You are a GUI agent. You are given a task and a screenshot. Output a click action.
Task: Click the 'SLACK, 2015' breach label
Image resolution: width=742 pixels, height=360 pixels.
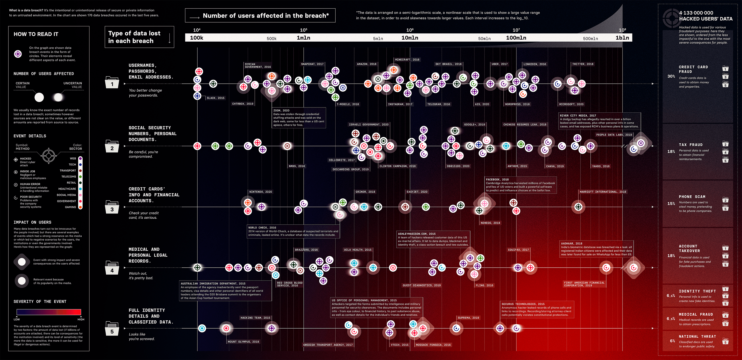click(215, 98)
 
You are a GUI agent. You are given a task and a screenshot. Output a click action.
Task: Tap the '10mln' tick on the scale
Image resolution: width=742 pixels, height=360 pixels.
click(410, 38)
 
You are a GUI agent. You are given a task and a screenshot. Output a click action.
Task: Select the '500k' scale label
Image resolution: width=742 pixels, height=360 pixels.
click(271, 38)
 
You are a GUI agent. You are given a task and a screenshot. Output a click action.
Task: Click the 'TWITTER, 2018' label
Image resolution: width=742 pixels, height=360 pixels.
click(582, 64)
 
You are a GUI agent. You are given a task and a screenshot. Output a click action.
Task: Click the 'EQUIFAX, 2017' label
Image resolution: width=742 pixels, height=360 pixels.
click(518, 250)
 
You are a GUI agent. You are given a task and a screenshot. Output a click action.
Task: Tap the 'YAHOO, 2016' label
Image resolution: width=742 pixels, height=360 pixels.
click(601, 166)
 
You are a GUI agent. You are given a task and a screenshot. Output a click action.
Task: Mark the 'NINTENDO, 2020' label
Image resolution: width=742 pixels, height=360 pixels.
click(260, 192)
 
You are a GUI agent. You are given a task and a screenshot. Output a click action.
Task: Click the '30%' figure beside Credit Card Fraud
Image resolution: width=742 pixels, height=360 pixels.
click(671, 76)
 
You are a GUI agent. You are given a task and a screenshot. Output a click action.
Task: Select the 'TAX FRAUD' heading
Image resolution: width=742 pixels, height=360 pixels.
click(691, 145)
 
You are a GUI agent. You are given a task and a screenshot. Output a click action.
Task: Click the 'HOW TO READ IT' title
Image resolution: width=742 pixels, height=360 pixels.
click(36, 34)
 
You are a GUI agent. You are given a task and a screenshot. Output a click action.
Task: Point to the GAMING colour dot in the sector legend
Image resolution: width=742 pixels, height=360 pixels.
click(80, 207)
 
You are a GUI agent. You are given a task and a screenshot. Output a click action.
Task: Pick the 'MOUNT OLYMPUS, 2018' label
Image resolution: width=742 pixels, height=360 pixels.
click(243, 341)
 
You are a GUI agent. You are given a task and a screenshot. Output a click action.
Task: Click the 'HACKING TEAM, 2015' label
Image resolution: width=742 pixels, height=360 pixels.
click(255, 318)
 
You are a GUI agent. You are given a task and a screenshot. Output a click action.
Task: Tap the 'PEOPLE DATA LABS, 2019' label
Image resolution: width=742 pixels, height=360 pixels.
click(614, 135)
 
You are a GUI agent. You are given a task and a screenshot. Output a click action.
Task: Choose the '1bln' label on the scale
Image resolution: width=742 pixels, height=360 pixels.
click(622, 38)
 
